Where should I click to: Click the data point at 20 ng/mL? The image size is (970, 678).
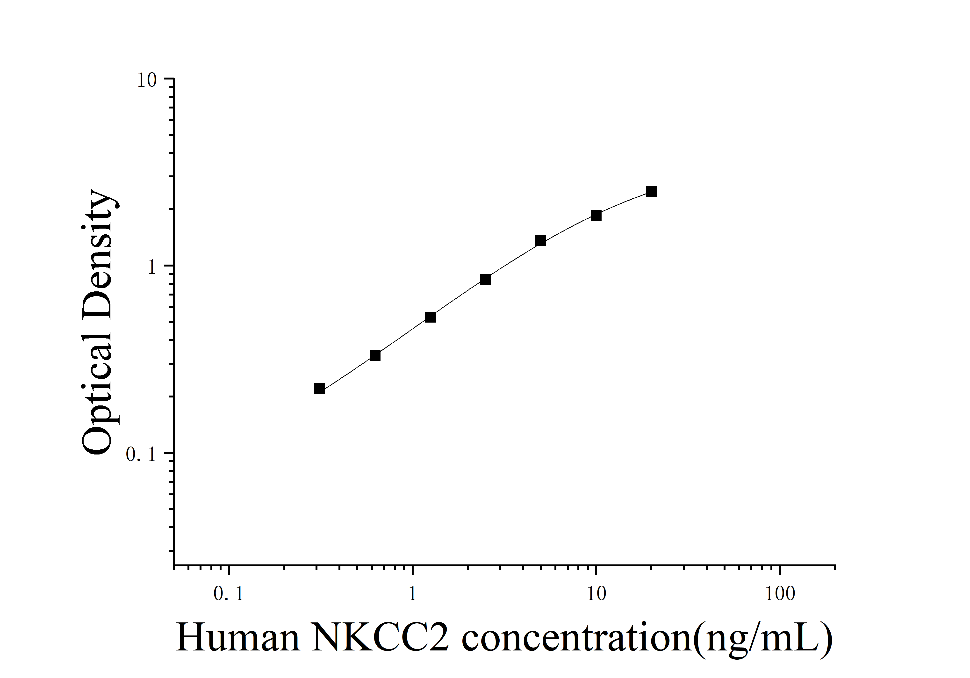(x=651, y=191)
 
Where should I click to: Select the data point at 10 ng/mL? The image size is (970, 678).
(x=596, y=216)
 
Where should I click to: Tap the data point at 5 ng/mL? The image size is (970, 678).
(x=540, y=241)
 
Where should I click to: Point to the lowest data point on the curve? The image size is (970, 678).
(x=319, y=389)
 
